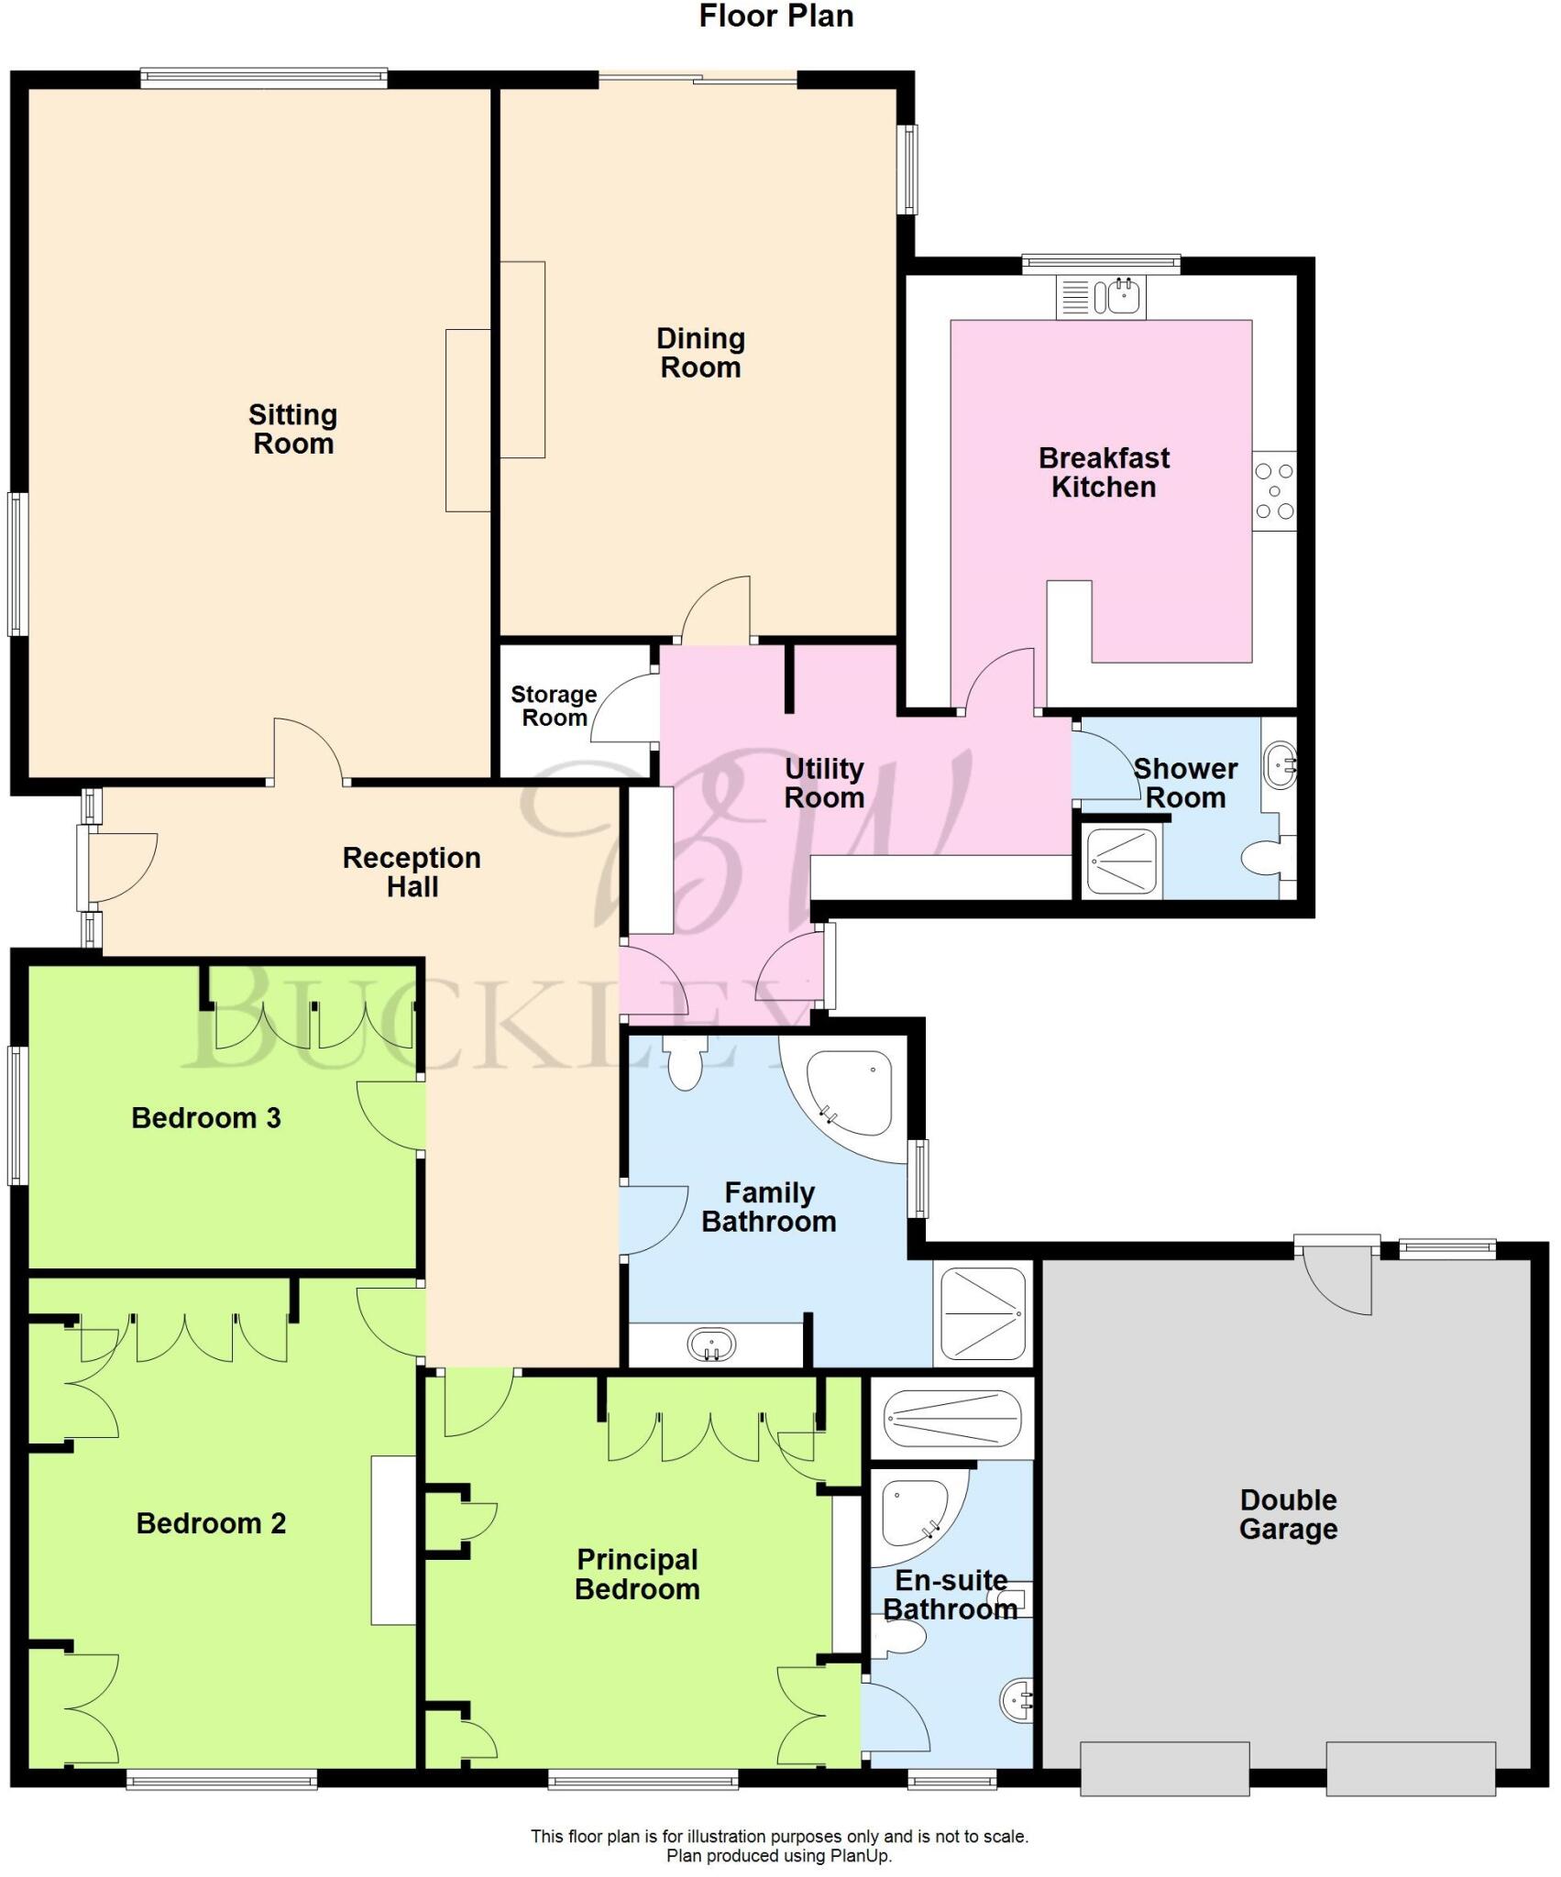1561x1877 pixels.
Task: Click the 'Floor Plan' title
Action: coord(775,16)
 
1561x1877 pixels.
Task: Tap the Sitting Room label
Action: coord(293,429)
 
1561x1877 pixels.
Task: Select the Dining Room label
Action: coord(700,353)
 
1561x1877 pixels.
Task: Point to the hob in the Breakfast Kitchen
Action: coord(1274,491)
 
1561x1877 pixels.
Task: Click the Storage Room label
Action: coord(554,706)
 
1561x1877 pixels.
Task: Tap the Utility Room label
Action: coord(824,783)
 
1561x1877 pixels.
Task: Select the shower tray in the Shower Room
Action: coord(1121,861)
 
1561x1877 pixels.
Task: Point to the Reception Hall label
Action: coord(412,872)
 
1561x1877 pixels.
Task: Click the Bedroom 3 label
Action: coord(206,1117)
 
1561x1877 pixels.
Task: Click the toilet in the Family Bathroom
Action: coord(685,1064)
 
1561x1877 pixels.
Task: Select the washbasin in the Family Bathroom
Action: coord(711,1345)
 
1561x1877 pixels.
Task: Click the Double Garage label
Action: coord(1288,1514)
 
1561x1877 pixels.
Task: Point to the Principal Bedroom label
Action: coord(637,1574)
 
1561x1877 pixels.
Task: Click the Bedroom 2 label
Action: coord(211,1522)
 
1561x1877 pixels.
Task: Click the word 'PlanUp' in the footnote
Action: coord(861,1856)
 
